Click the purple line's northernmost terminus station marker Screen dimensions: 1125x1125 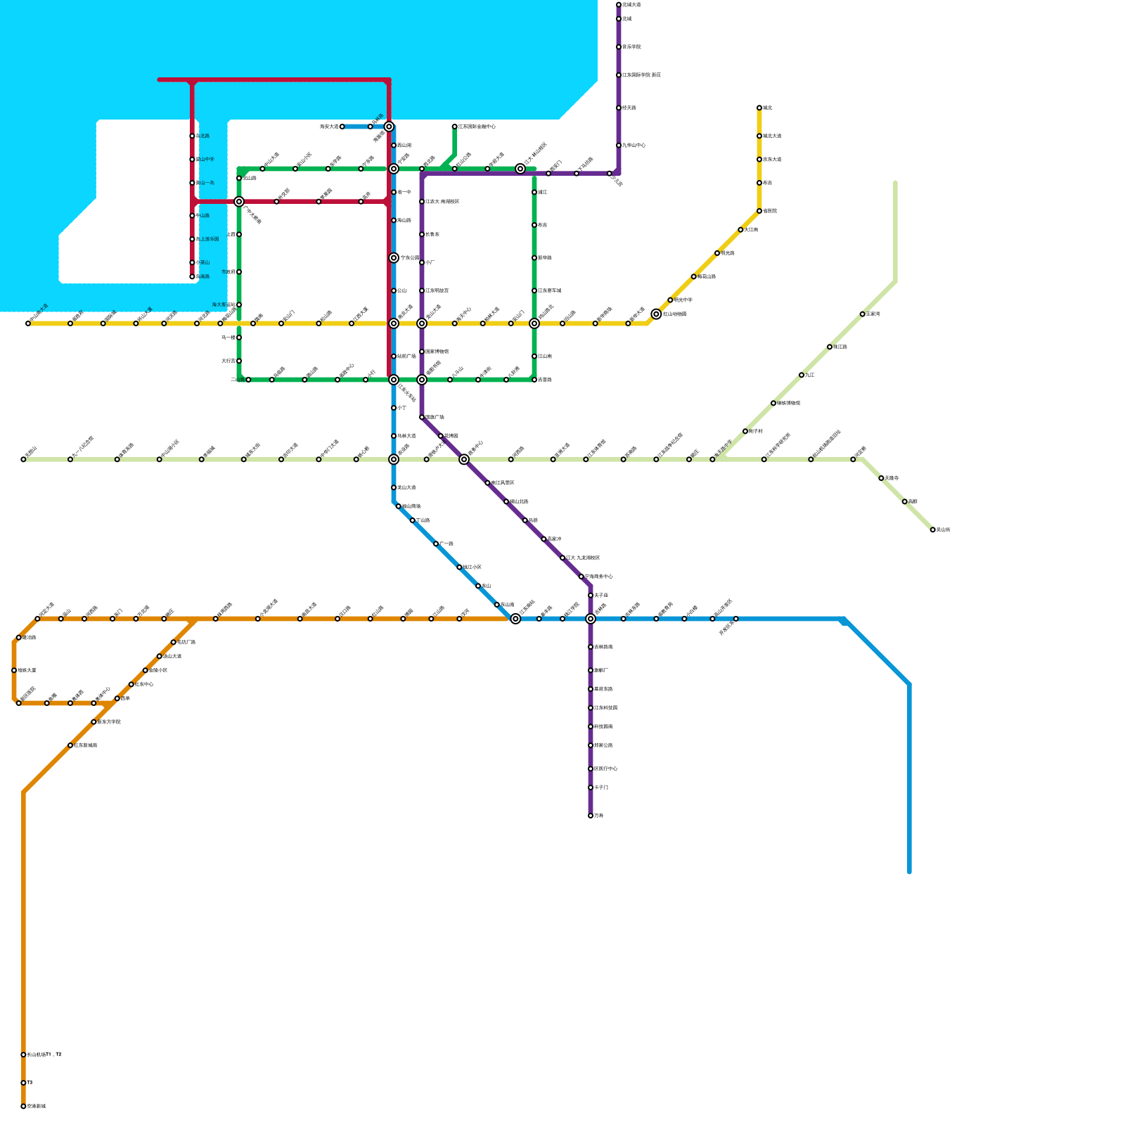tap(619, 5)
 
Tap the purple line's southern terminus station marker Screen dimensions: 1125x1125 tap(591, 816)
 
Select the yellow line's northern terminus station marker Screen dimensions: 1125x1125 tap(759, 108)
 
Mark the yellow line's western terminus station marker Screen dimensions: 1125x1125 tap(28, 323)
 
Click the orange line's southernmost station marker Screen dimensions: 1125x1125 tap(23, 1106)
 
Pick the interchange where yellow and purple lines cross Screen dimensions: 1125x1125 tap(422, 323)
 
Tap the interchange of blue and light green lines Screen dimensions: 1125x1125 tap(394, 459)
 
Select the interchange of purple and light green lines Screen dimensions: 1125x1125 tap(464, 459)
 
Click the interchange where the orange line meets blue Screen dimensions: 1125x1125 tap(515, 619)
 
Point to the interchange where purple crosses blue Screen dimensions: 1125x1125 tap(591, 619)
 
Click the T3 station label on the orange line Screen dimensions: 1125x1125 tap(30, 1083)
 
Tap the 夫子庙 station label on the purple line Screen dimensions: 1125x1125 tap(601, 596)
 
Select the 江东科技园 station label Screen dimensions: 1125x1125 tap(605, 708)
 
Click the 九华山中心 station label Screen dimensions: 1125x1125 tap(634, 146)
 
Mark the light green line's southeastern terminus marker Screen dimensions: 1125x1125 tap(933, 529)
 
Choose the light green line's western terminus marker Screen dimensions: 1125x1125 tap(23, 459)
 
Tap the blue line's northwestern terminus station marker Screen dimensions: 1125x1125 tap(342, 127)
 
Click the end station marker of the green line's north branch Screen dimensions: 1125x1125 tap(455, 127)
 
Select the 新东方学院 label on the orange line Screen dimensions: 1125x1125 tap(109, 722)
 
